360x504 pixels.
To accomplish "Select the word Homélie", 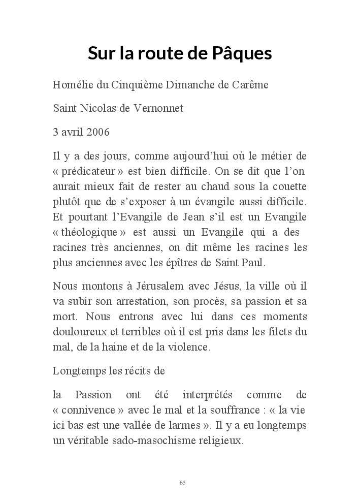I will point(72,85).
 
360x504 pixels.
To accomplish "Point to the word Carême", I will point(250,85).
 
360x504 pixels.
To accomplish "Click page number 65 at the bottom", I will point(182,482).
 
